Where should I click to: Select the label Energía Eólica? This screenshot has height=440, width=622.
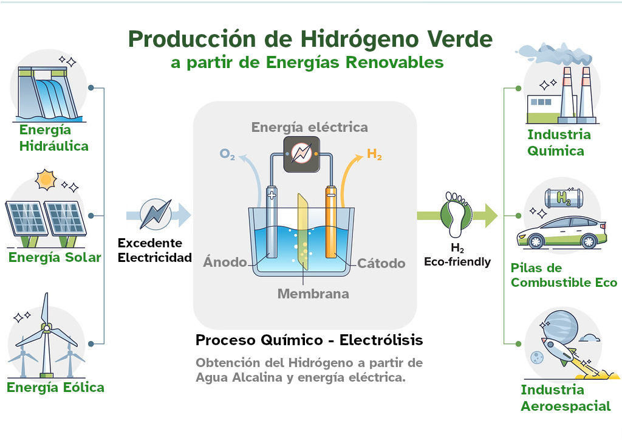55,387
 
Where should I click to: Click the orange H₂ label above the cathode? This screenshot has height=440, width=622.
375,154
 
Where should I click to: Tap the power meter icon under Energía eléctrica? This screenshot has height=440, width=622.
302,153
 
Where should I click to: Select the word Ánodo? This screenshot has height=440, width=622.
225,263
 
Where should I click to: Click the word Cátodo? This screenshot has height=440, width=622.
381,263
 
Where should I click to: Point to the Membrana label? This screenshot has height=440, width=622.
313,294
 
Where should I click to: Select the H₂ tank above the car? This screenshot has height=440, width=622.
563,197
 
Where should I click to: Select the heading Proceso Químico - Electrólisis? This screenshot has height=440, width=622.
309,340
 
